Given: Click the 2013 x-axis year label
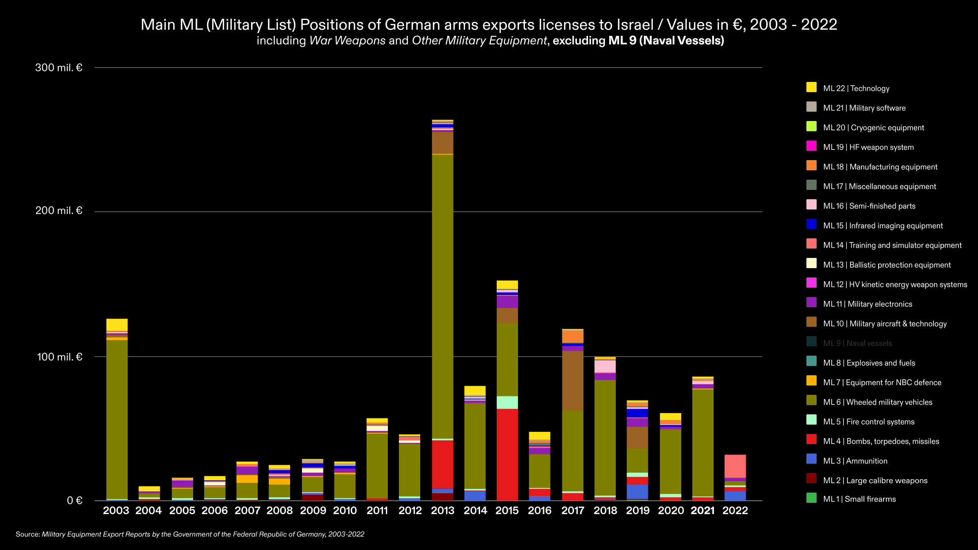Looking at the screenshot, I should coord(443,510).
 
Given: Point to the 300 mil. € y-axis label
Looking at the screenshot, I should coord(59,68).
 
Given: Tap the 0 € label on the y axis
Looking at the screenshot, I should coord(75,500).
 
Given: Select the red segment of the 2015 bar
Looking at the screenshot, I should coord(507,454).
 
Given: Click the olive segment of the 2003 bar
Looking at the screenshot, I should coord(117,420).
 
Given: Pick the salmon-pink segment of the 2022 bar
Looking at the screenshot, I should coord(735,466).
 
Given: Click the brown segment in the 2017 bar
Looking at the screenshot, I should coord(573,381).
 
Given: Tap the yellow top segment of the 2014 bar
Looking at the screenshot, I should coord(475,390).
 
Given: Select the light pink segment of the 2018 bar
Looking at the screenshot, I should coord(605,366).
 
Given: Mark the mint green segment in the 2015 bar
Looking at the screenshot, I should coord(507,402).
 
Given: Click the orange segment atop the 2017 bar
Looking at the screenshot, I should coord(573,336).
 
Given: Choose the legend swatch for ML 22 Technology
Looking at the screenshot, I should coord(811,87).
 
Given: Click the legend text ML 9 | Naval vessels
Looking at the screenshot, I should coord(857,343).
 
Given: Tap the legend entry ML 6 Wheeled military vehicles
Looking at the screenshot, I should coord(877,402).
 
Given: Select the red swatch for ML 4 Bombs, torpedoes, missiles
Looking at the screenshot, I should coord(811,439).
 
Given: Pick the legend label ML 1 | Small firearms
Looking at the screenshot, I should coord(859,499).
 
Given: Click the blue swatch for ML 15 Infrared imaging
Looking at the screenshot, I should coord(811,224).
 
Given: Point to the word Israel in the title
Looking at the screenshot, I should coord(635,25).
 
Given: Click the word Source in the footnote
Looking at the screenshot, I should coord(28,534).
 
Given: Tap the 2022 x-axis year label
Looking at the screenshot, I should coord(735,510).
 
